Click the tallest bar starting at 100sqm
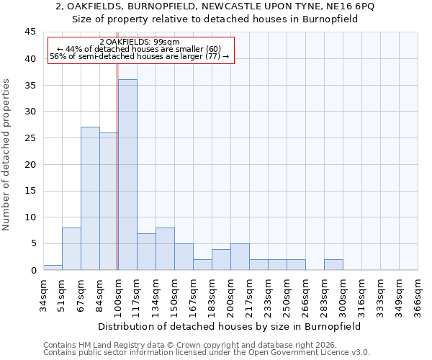tap(127, 175)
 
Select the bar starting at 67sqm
tap(90, 199)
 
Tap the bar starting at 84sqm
tap(109, 202)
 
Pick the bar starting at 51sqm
tap(71, 249)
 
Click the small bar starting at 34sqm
tap(53, 267)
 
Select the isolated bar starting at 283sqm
tap(333, 264)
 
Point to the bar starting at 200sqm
tap(240, 257)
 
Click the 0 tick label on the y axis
tap(33, 270)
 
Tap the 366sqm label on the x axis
tap(418, 295)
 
